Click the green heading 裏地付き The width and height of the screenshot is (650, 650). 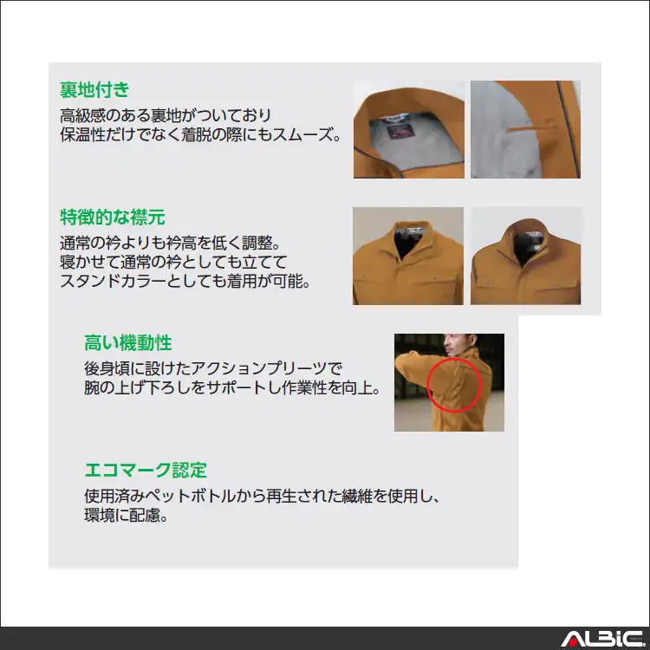(x=94, y=89)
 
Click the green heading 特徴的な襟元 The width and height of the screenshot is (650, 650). (x=113, y=217)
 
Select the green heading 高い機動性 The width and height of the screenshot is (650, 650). (x=127, y=343)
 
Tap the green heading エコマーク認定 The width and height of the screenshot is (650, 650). (x=146, y=470)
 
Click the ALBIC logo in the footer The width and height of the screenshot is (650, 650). (x=602, y=639)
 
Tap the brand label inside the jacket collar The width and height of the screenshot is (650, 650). (x=400, y=131)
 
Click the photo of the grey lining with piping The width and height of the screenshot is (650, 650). (x=525, y=129)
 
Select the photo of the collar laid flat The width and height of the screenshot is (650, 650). (x=408, y=256)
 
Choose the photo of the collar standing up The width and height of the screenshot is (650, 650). (x=525, y=256)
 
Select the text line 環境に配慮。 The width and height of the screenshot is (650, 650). (x=126, y=515)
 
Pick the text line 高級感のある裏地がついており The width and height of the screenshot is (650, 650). (x=166, y=114)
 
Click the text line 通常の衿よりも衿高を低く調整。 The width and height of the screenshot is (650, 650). (x=171, y=243)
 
